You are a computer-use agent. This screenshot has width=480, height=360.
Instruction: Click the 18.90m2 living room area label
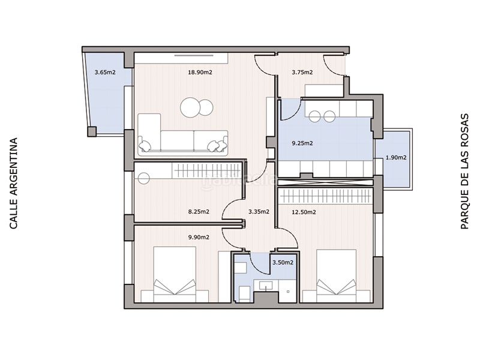tap(200, 73)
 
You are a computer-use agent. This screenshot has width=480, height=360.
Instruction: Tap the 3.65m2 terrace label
tap(105, 73)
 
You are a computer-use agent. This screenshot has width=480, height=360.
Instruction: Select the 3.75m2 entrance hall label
tap(302, 73)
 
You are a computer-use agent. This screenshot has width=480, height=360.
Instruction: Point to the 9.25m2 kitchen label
tap(302, 143)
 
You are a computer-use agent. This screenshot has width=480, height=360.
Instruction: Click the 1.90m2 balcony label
tap(396, 158)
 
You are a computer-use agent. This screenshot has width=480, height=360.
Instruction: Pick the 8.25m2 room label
tap(199, 212)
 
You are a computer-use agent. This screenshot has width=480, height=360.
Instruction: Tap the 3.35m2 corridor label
tap(259, 212)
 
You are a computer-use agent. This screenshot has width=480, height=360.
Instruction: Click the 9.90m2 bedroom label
tap(199, 237)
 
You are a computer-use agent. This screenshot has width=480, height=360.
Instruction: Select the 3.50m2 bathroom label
tap(283, 263)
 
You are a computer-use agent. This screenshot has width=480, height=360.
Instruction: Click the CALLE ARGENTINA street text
tap(13, 184)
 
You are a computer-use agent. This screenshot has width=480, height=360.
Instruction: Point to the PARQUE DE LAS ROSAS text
tap(464, 172)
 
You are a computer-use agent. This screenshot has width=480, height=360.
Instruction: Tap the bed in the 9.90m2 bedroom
tap(175, 275)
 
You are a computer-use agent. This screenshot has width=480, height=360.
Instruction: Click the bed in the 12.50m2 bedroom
tap(336, 276)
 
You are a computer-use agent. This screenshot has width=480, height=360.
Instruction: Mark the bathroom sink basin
tap(266, 286)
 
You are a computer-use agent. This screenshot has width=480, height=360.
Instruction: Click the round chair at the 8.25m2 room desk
tap(143, 178)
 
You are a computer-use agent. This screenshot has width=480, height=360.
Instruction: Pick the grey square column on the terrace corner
tap(92, 131)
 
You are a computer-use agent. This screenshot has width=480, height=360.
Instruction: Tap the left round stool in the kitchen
tap(314, 116)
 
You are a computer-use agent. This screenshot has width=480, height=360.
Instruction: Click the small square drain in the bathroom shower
tap(289, 292)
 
